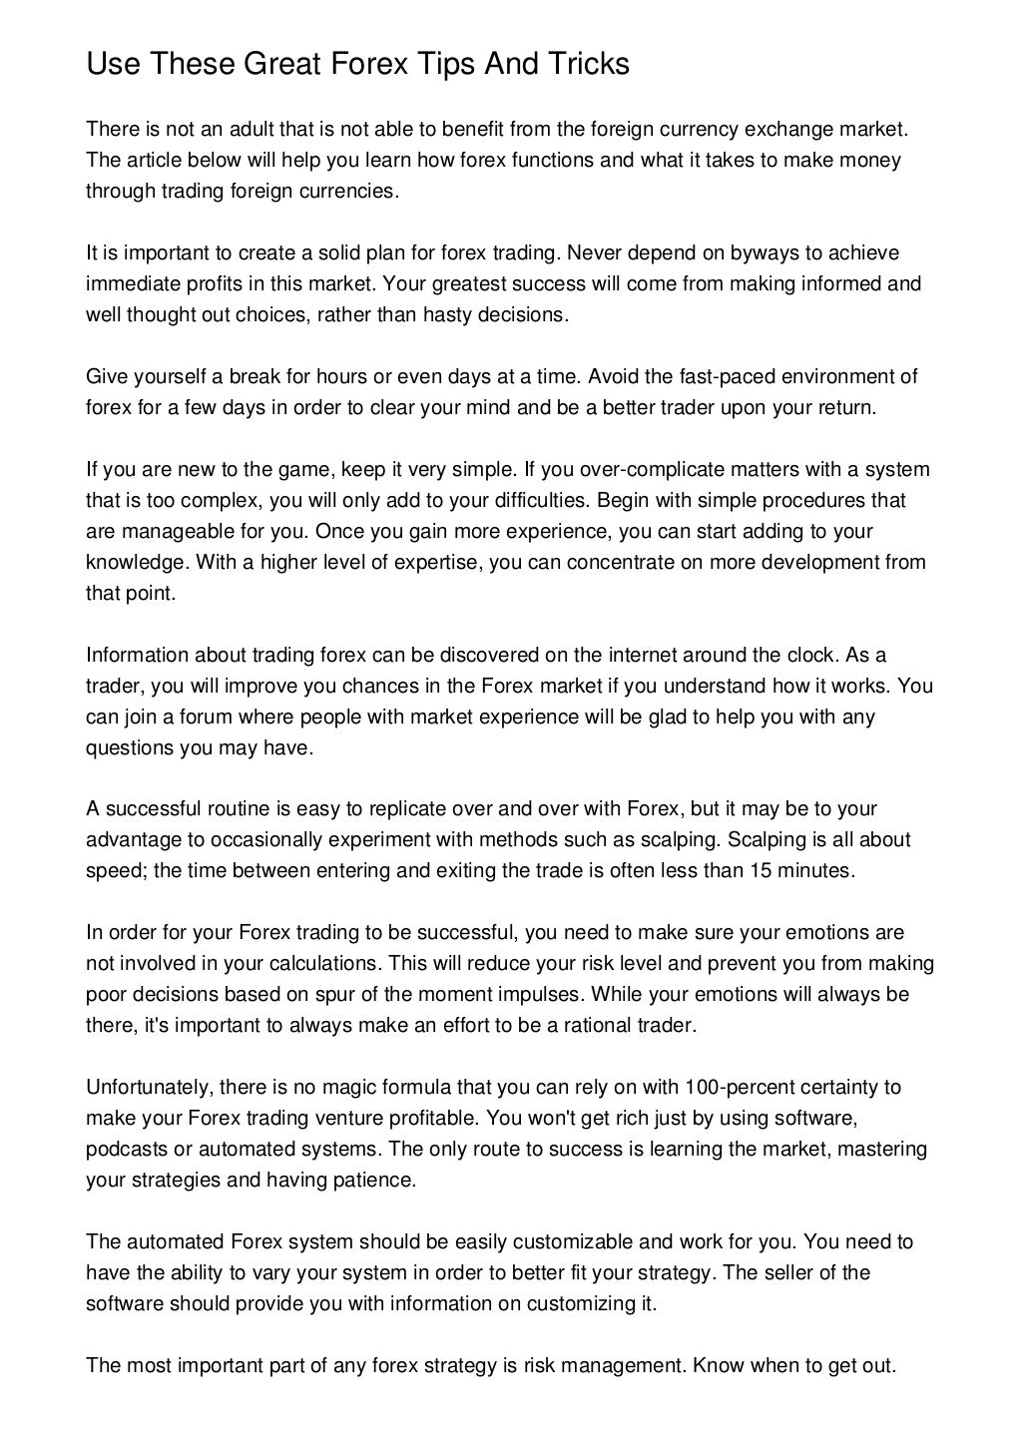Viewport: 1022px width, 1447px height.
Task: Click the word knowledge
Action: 136,563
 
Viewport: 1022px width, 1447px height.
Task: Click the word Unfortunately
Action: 148,1087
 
